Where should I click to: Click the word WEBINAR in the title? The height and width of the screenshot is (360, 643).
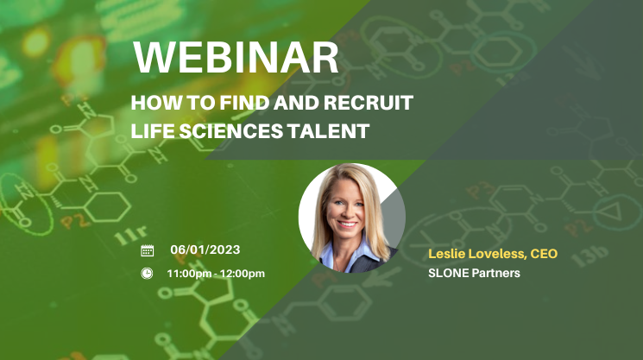click(x=236, y=57)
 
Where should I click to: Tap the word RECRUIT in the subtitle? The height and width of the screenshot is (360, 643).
click(x=369, y=103)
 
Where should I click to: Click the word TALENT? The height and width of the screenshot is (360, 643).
click(x=328, y=131)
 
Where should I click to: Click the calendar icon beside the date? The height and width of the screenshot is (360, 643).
click(x=148, y=250)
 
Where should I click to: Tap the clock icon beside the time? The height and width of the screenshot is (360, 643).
click(x=147, y=273)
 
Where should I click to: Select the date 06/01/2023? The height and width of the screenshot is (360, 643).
click(x=205, y=249)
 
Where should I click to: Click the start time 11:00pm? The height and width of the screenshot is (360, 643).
click(x=189, y=274)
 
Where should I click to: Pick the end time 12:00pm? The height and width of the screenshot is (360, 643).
click(x=243, y=274)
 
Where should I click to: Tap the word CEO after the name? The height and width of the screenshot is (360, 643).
click(x=544, y=254)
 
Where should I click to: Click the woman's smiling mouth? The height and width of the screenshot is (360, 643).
click(x=347, y=224)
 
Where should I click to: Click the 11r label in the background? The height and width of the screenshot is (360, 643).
click(x=130, y=236)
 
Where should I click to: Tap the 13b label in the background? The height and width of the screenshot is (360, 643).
click(x=589, y=255)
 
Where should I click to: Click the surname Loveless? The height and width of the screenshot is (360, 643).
click(x=497, y=254)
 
